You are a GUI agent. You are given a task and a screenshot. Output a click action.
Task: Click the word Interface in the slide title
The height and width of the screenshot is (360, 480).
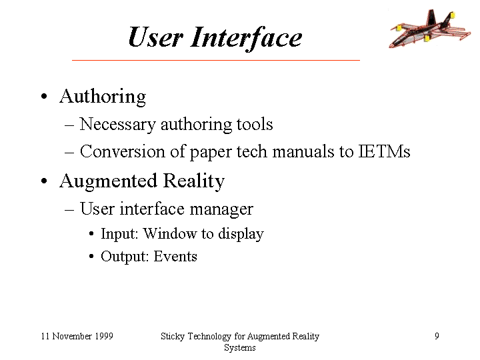pyautogui.click(x=247, y=38)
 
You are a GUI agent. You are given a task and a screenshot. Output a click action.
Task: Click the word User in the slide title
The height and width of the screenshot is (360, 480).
pyautogui.click(x=155, y=37)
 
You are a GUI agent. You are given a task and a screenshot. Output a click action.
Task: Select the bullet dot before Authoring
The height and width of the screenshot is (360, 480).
pyautogui.click(x=44, y=96)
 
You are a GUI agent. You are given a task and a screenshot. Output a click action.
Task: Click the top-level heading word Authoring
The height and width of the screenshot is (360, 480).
pyautogui.click(x=103, y=97)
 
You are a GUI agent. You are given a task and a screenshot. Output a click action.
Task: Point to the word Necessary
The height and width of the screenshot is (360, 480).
pyautogui.click(x=118, y=125)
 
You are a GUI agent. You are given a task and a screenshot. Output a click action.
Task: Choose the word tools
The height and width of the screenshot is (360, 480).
pyautogui.click(x=255, y=124)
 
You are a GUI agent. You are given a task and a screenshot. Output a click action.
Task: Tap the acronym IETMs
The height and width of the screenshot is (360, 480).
pyautogui.click(x=385, y=151)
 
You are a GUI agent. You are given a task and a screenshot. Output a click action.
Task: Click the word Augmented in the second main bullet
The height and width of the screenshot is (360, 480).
pyautogui.click(x=109, y=181)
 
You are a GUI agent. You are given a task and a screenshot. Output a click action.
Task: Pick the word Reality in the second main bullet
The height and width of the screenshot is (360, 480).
pyautogui.click(x=194, y=181)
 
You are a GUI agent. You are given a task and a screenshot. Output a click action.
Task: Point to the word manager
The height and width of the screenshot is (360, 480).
pyautogui.click(x=221, y=210)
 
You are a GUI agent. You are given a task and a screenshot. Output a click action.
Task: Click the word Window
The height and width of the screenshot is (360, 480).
pyautogui.click(x=170, y=233)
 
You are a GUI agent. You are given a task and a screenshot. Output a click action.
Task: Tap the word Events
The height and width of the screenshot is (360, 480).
pyautogui.click(x=175, y=256)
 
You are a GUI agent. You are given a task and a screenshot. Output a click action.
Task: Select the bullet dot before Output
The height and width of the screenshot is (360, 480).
pyautogui.click(x=91, y=257)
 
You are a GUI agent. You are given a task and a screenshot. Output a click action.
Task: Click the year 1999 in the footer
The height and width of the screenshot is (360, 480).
pyautogui.click(x=104, y=336)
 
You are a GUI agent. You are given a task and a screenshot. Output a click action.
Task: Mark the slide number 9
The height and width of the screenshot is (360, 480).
pyautogui.click(x=437, y=336)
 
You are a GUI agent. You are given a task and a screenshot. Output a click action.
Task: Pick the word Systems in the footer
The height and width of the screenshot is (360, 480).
pyautogui.click(x=240, y=348)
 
